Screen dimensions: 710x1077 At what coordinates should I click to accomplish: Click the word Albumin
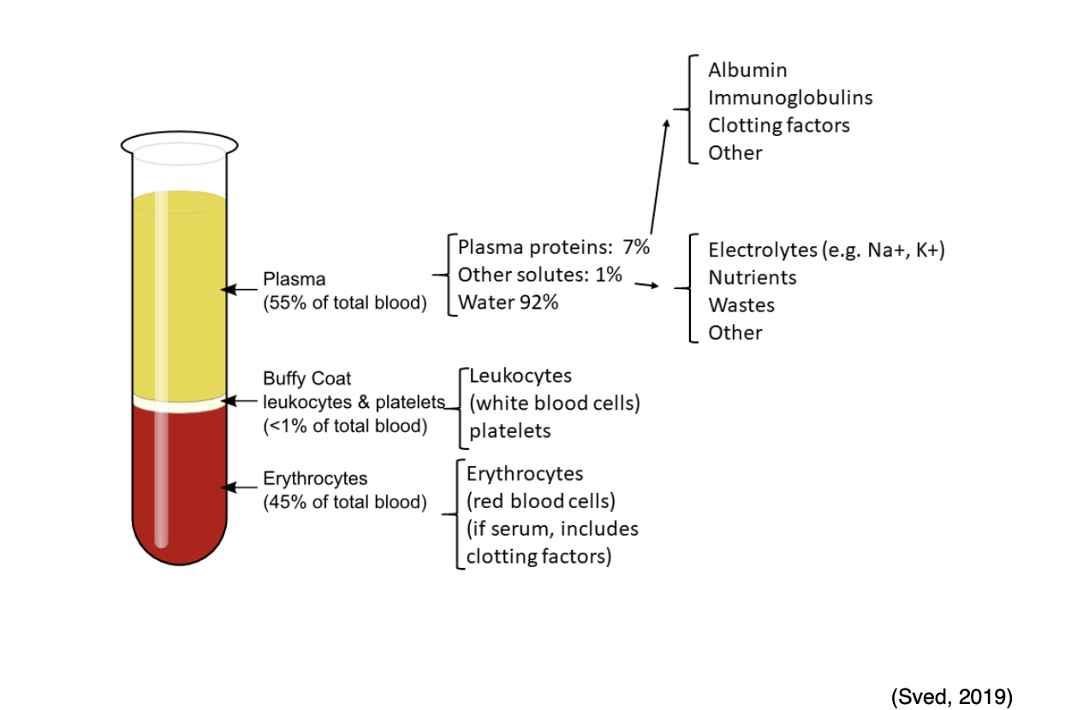(x=747, y=70)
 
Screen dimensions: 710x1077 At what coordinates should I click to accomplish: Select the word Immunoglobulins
(x=789, y=98)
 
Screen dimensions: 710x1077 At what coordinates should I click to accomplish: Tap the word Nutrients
(x=752, y=277)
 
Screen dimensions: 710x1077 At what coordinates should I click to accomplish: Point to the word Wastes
(x=741, y=305)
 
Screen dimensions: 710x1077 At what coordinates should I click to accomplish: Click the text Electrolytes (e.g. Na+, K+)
(x=826, y=250)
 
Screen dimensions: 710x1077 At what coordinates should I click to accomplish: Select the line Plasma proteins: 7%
(x=554, y=248)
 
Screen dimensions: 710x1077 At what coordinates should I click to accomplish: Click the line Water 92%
(x=508, y=302)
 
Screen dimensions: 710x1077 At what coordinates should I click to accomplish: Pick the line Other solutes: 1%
(x=539, y=275)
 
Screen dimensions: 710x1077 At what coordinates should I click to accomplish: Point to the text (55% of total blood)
(x=344, y=303)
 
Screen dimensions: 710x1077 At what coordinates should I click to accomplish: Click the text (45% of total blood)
(x=344, y=502)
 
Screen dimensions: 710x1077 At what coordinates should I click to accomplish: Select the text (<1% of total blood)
(x=344, y=426)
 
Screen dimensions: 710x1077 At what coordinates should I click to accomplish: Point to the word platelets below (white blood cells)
(x=509, y=431)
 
